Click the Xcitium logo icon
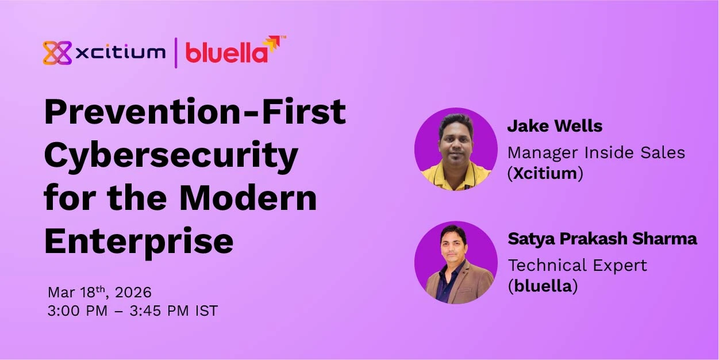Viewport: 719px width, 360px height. pyautogui.click(x=57, y=53)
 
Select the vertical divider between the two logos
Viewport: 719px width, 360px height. pyautogui.click(x=175, y=52)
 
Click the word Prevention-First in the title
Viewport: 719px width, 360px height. pyautogui.click(x=195, y=112)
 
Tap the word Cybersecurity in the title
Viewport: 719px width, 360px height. pyautogui.click(x=171, y=155)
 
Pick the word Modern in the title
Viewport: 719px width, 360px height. pyautogui.click(x=248, y=198)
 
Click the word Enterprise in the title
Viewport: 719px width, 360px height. pyautogui.click(x=139, y=241)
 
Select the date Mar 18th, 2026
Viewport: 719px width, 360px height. pyautogui.click(x=99, y=292)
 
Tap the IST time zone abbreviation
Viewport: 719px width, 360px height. pyautogui.click(x=206, y=311)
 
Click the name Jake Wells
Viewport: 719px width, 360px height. pyautogui.click(x=555, y=127)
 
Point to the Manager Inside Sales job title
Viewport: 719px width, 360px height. pyautogui.click(x=596, y=152)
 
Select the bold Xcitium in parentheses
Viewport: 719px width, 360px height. pyautogui.click(x=545, y=174)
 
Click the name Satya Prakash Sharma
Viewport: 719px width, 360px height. pyautogui.click(x=602, y=239)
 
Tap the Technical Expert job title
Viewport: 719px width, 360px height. pyautogui.click(x=577, y=265)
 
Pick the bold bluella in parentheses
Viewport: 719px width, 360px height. pyautogui.click(x=542, y=286)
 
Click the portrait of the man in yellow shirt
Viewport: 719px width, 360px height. pyautogui.click(x=456, y=148)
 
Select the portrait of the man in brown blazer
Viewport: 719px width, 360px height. pyautogui.click(x=456, y=262)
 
